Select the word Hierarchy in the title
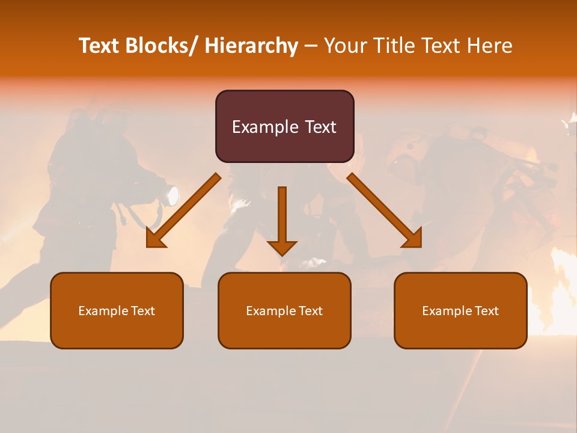coord(251,46)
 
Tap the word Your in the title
coord(346,46)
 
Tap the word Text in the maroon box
coord(319,127)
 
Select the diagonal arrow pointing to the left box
coord(183,210)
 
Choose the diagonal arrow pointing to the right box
coord(385,210)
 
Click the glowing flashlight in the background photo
coord(172,195)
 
